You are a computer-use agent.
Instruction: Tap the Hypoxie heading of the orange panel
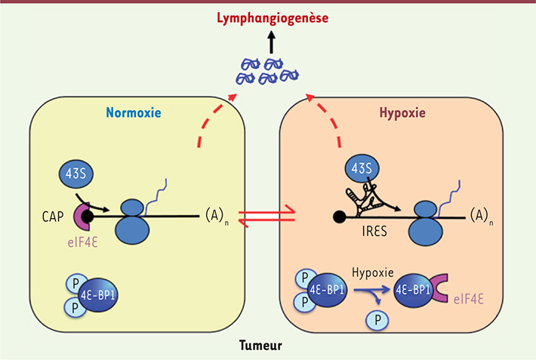403,113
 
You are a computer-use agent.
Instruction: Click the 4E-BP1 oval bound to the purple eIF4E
414,288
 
